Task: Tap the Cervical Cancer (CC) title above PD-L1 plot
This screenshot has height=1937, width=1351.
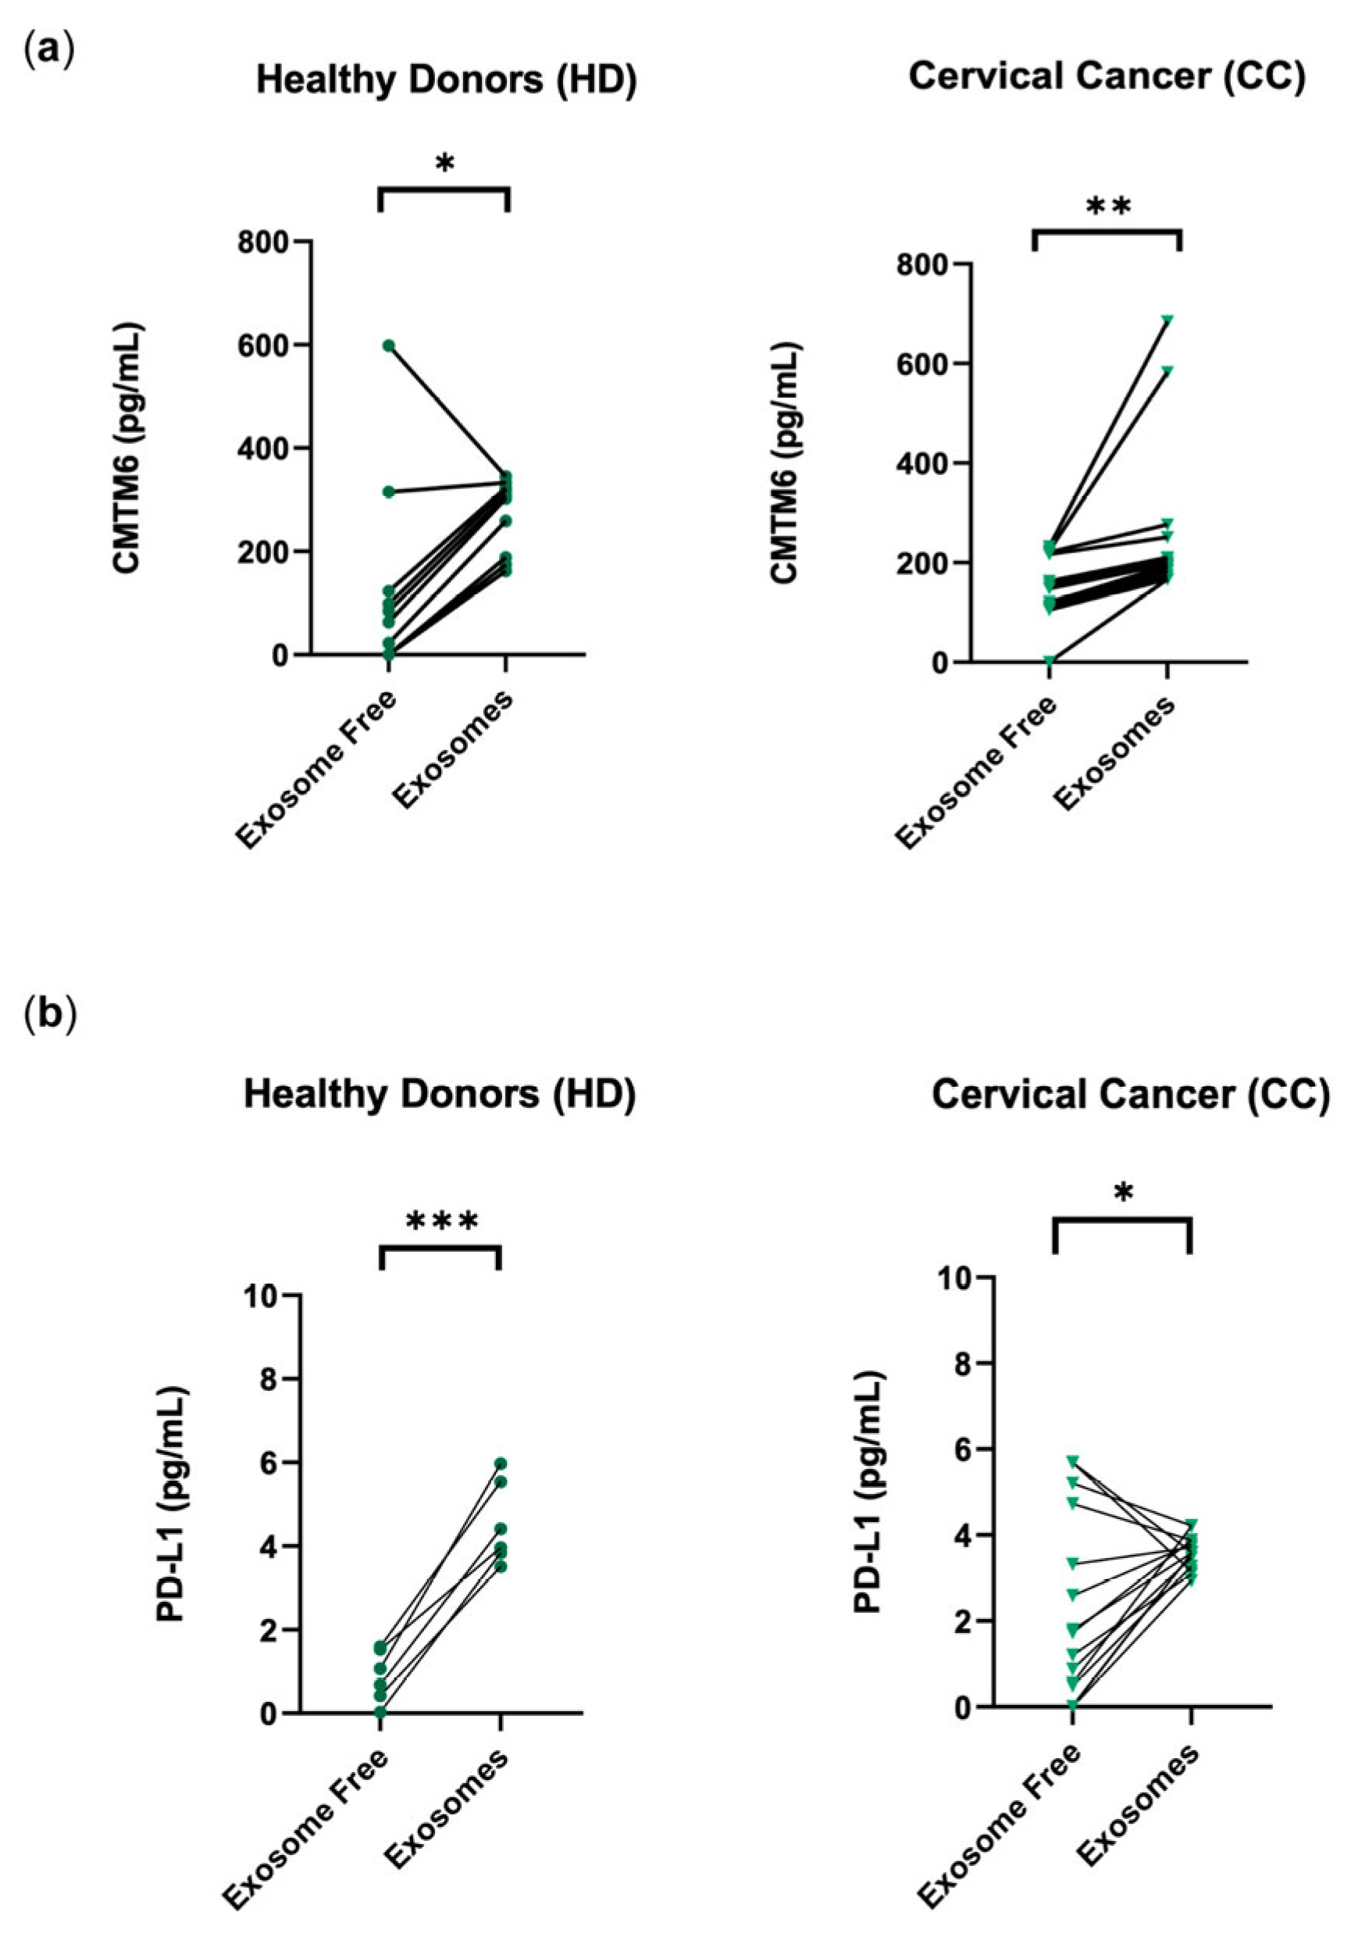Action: tap(1130, 1096)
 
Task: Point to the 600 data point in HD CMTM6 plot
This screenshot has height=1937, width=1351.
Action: tap(389, 346)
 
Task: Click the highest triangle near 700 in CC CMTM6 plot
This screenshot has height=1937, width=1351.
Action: tap(1168, 320)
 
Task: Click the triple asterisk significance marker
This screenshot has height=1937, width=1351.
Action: tap(442, 1221)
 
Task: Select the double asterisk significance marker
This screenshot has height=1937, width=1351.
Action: tap(1108, 208)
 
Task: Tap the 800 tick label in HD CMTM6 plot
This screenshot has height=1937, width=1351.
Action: tap(264, 242)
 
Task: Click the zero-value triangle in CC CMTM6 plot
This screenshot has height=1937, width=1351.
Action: tap(1049, 660)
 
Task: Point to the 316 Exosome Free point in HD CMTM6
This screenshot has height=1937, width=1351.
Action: tap(389, 491)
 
